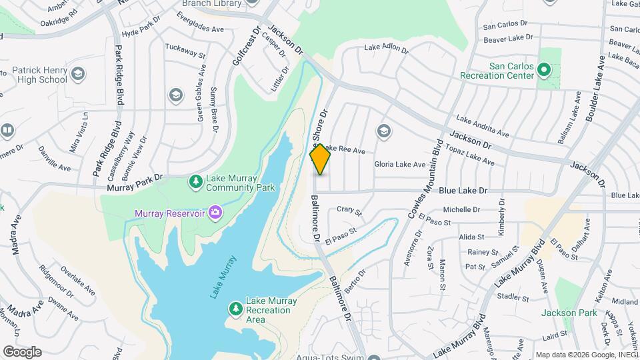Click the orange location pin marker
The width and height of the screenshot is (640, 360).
tap(321, 159)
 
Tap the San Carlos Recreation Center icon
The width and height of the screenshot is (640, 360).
tap(543, 69)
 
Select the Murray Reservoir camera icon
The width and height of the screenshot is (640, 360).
tap(215, 213)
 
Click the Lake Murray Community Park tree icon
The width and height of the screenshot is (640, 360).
tap(195, 181)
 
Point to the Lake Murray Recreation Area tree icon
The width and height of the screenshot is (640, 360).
tap(235, 309)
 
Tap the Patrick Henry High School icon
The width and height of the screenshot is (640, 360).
tap(78, 73)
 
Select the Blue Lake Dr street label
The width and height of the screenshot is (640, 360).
tap(463, 191)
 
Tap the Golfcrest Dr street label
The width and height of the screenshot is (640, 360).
tap(245, 47)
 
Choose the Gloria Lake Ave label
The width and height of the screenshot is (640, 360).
tap(399, 164)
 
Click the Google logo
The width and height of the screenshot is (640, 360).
tap(22, 352)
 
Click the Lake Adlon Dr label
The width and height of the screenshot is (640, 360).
tap(385, 48)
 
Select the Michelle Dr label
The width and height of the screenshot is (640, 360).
tap(461, 209)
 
